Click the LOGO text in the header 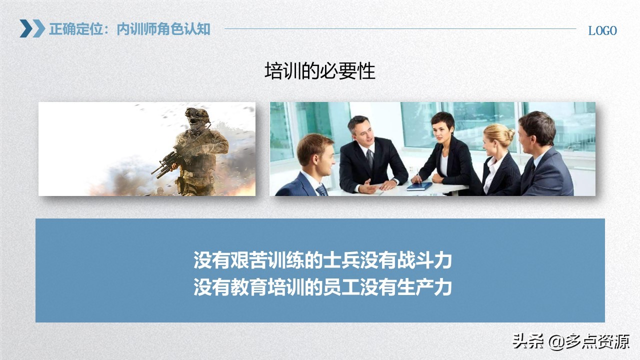tap(602, 30)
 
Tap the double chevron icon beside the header tap(32, 28)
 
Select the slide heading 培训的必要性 tap(319, 71)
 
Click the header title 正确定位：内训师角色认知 tap(129, 29)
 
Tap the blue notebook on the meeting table tap(419, 186)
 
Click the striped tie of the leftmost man tap(321, 190)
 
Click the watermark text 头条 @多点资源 tap(570, 342)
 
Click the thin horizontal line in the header tap(400, 28)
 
